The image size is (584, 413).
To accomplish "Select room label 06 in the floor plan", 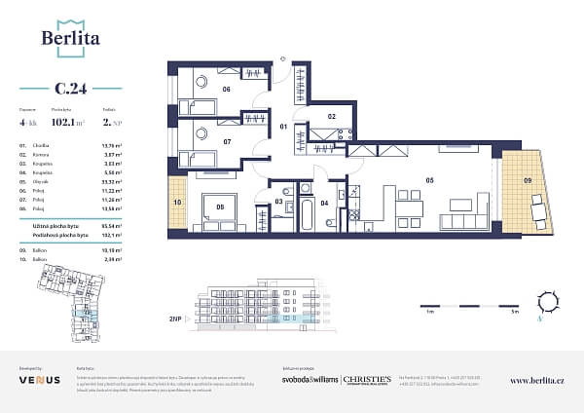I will click(226, 89).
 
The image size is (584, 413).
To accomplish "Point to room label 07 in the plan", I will click(226, 142).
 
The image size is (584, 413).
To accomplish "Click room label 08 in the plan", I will click(221, 206).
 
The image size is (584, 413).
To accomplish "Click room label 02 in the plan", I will click(331, 117).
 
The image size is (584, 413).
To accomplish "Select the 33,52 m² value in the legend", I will click(83, 181).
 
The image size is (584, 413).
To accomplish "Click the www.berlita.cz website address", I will click(536, 380).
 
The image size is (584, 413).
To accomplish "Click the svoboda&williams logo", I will click(310, 379).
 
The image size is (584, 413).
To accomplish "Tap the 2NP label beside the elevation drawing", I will click(176, 319).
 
